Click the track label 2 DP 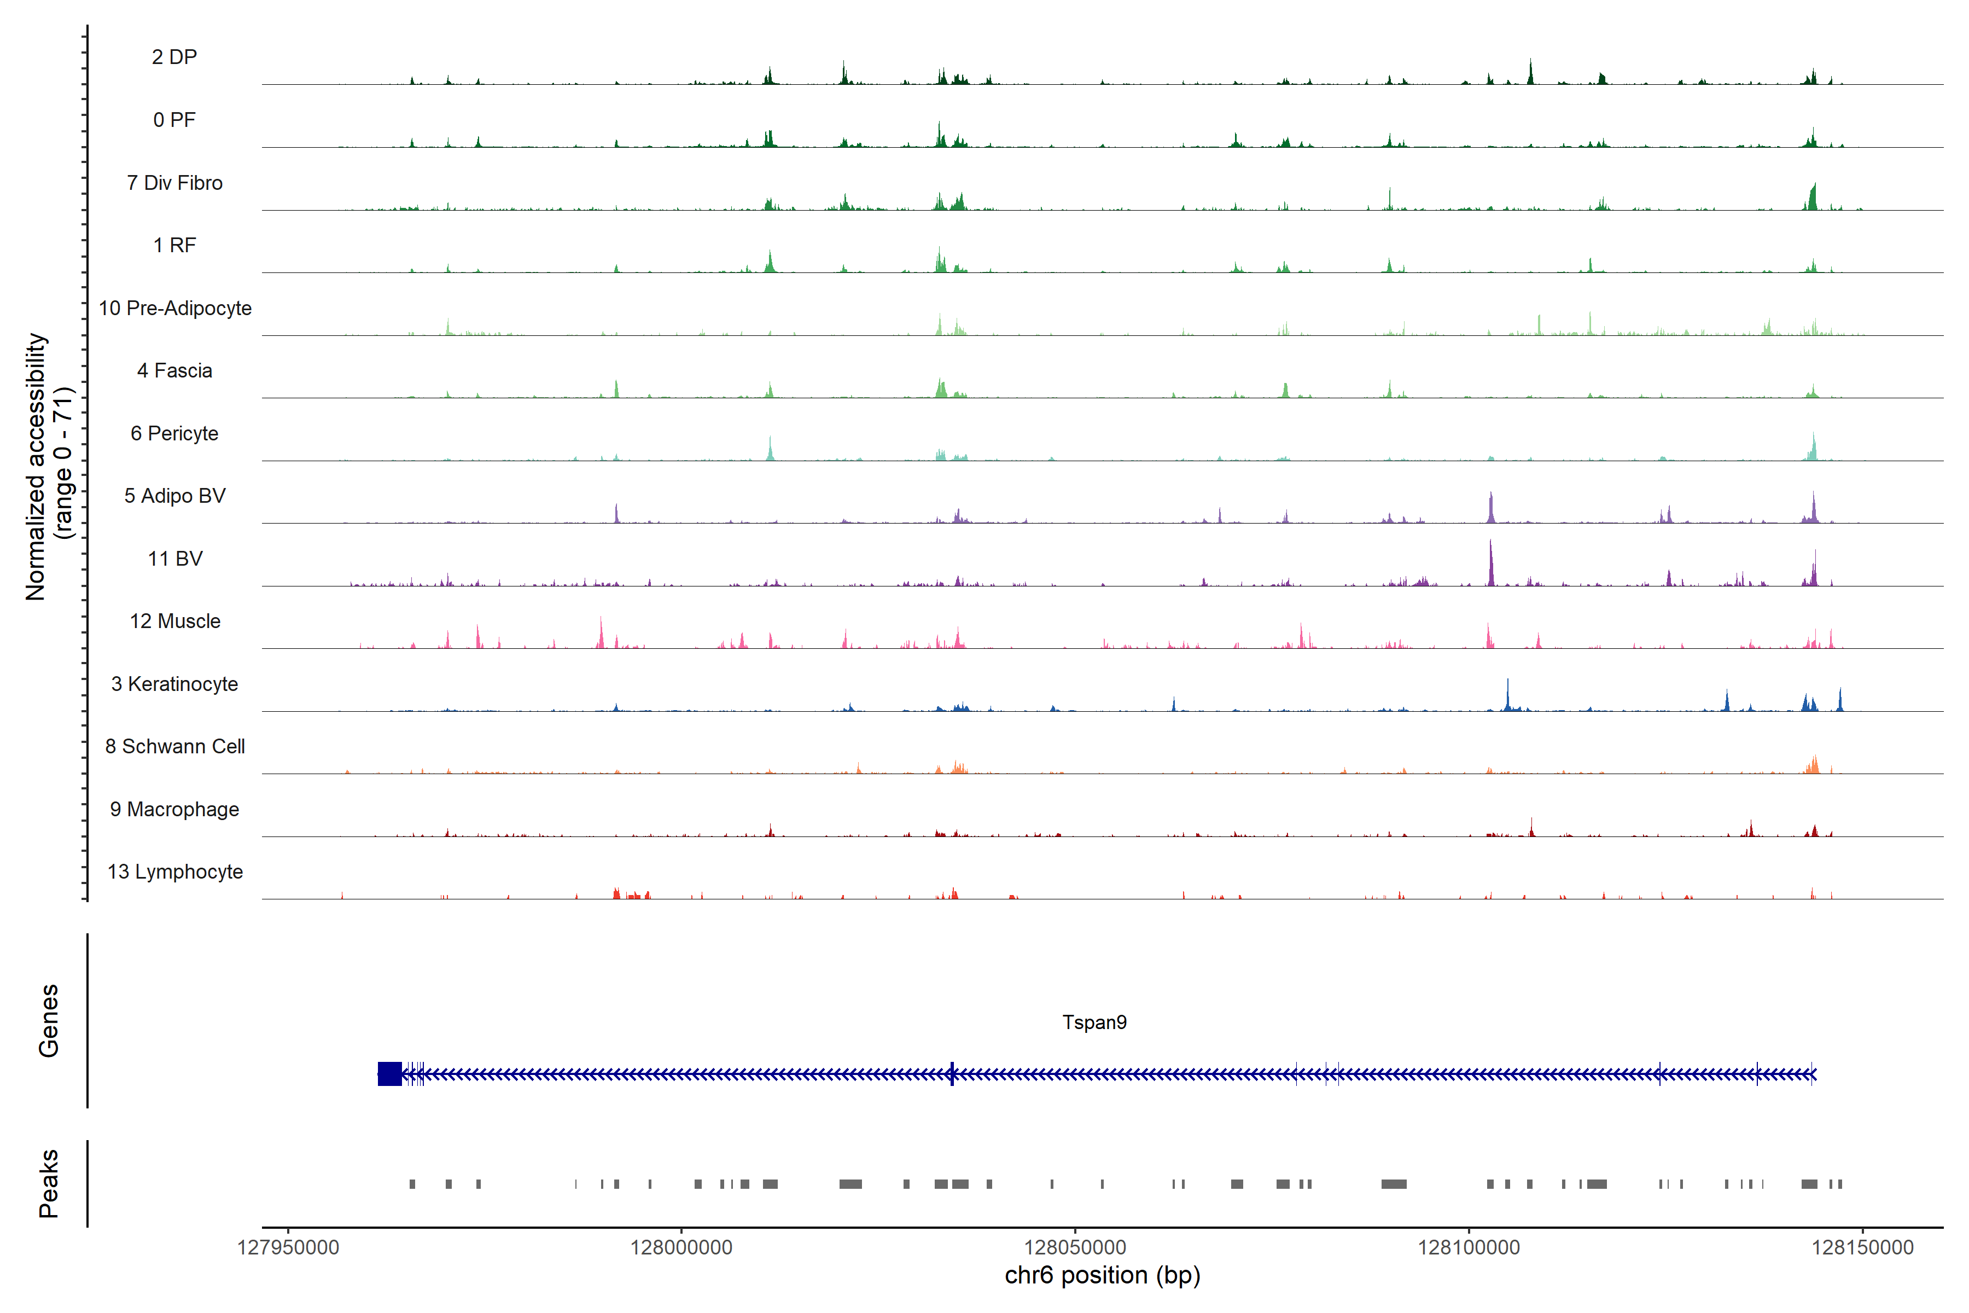click(x=174, y=57)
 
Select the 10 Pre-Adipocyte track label click(x=175, y=308)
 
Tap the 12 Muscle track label click(x=175, y=621)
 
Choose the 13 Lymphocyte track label click(x=175, y=872)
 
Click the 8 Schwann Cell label click(x=175, y=746)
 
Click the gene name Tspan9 click(x=1094, y=1022)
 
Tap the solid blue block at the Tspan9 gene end click(x=389, y=1073)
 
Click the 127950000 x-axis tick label click(x=288, y=1248)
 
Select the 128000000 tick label click(x=681, y=1248)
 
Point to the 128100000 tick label click(x=1469, y=1248)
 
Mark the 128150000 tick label click(x=1863, y=1248)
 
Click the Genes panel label click(x=49, y=1021)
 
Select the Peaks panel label click(x=49, y=1183)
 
